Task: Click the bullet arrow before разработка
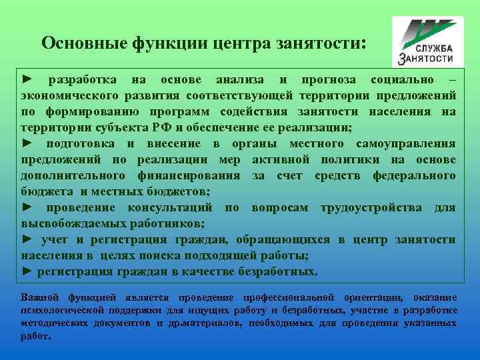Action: (x=27, y=80)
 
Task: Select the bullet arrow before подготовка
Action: (x=27, y=144)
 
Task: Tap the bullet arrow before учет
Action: (x=27, y=240)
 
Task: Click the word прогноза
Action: (x=324, y=80)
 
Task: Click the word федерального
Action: (x=413, y=176)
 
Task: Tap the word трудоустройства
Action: (x=371, y=208)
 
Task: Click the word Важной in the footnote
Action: (x=40, y=297)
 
